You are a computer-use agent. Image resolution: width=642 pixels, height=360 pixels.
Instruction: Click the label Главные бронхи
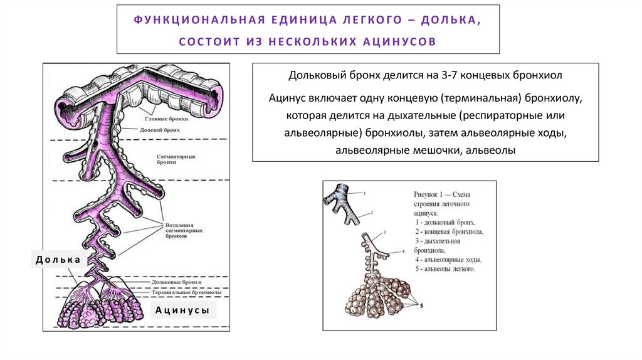point(160,118)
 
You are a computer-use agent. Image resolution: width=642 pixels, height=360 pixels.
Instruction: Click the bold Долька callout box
point(57,259)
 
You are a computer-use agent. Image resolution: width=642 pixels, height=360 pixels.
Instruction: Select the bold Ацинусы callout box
point(182,310)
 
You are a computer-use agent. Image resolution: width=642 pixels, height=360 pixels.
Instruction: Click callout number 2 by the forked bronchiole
point(372,213)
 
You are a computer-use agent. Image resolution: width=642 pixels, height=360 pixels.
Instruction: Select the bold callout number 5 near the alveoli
point(422,305)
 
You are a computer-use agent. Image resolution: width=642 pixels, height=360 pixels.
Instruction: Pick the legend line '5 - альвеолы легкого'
point(445,269)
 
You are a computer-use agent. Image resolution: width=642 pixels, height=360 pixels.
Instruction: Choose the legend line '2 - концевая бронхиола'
point(449,231)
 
